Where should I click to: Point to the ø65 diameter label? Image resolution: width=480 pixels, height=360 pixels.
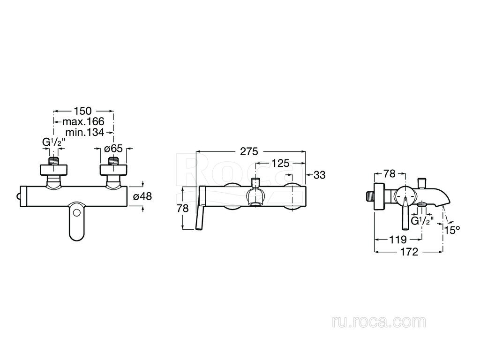click(113, 149)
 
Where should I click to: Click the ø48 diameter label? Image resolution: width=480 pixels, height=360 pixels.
click(142, 197)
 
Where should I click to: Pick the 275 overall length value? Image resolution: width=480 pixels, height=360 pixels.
click(249, 151)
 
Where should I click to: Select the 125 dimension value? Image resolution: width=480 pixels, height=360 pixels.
click(280, 164)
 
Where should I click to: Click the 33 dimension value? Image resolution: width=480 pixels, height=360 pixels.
click(319, 175)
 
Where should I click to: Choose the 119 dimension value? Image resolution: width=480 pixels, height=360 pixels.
click(397, 239)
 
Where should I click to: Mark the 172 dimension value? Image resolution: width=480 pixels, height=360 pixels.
click(409, 252)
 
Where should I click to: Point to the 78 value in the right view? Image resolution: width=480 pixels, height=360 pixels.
click(390, 174)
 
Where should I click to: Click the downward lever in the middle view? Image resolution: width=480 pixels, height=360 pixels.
click(199, 213)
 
